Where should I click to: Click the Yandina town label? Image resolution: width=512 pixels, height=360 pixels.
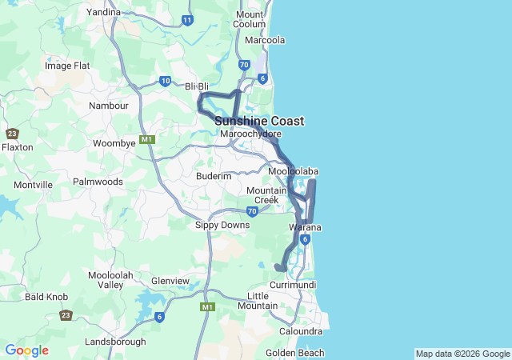coord(103,12)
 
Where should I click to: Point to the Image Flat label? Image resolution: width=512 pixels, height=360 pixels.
coord(68,66)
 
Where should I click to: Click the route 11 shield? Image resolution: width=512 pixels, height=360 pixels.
coord(187,19)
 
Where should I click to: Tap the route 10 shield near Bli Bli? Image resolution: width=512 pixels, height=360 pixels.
coord(165,81)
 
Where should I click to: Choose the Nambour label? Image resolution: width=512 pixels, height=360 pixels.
coord(109,106)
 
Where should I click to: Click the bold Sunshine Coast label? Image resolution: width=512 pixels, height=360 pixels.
coord(258,121)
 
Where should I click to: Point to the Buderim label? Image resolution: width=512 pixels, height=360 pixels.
coord(214,175)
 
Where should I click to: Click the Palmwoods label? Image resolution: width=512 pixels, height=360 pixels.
coord(98,182)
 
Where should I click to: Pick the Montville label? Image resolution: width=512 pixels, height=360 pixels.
coord(33,185)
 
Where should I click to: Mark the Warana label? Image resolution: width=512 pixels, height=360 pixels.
coord(305,227)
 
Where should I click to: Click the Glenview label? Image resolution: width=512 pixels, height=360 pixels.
coord(170,281)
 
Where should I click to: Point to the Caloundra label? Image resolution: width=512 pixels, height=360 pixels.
coord(301,331)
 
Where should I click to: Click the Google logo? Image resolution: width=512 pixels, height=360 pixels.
coord(26,350)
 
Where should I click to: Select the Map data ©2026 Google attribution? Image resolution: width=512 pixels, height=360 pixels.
coord(462,354)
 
